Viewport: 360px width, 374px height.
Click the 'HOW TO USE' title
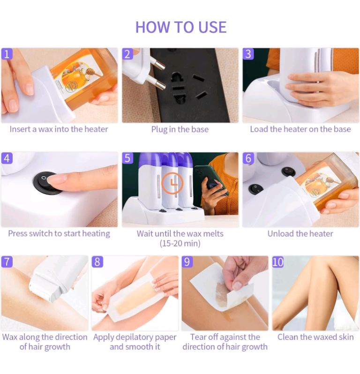(x=181, y=27)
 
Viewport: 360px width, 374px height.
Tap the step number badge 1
(x=7, y=54)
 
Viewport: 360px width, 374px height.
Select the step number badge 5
(x=127, y=158)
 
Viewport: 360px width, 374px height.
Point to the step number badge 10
(x=277, y=262)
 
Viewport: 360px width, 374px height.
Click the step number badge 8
(x=97, y=262)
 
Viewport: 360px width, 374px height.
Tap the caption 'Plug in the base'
(x=180, y=129)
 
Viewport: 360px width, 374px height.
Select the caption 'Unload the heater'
(x=300, y=233)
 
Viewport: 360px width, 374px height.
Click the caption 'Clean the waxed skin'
(x=315, y=337)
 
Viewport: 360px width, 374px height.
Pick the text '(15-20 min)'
(x=180, y=243)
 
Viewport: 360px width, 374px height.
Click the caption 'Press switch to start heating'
(x=59, y=233)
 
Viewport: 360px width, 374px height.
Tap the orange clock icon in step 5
(x=172, y=183)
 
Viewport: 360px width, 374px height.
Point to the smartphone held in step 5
(x=211, y=180)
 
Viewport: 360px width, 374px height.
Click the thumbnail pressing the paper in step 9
(x=237, y=285)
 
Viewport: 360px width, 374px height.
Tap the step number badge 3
(x=248, y=54)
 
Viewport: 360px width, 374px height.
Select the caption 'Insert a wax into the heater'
(x=59, y=129)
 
